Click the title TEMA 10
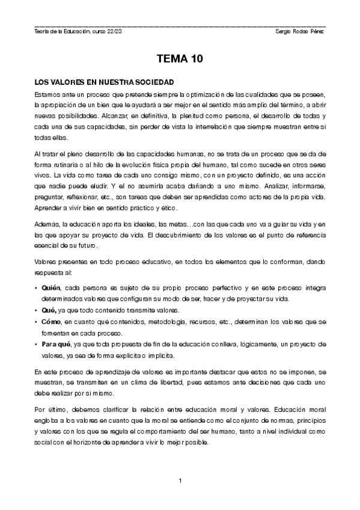[180, 59]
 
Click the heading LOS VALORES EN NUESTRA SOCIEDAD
[104, 81]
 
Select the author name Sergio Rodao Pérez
[299, 31]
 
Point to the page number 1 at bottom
[180, 481]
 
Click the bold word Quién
[50, 288]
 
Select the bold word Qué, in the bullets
[49, 310]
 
